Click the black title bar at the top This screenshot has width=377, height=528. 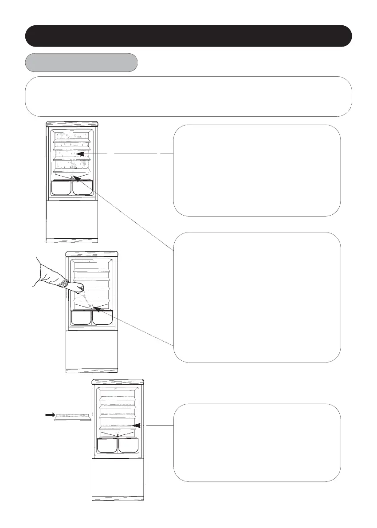tap(188, 36)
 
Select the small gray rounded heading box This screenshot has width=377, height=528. tap(81, 63)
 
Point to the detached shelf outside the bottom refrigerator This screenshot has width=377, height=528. tap(72, 417)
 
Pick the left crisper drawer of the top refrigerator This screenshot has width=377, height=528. tap(61, 188)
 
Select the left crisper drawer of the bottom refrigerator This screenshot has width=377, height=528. tap(106, 445)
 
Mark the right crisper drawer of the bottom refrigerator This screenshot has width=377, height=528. tap(128, 445)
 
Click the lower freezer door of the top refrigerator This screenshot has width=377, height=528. tap(72, 221)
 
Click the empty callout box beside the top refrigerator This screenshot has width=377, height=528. tap(257, 170)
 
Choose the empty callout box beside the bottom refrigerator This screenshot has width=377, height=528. tap(257, 442)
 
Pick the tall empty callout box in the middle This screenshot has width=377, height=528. tap(257, 297)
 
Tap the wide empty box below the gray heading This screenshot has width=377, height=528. tap(188, 96)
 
